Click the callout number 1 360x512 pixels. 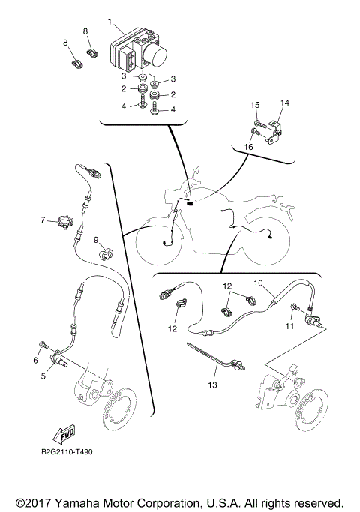[109, 21]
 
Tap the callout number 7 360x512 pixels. [43, 220]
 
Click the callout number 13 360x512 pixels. [212, 385]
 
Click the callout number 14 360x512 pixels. [284, 102]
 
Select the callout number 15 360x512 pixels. [255, 104]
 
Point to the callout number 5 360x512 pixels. [43, 376]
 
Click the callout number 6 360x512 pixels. [34, 361]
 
